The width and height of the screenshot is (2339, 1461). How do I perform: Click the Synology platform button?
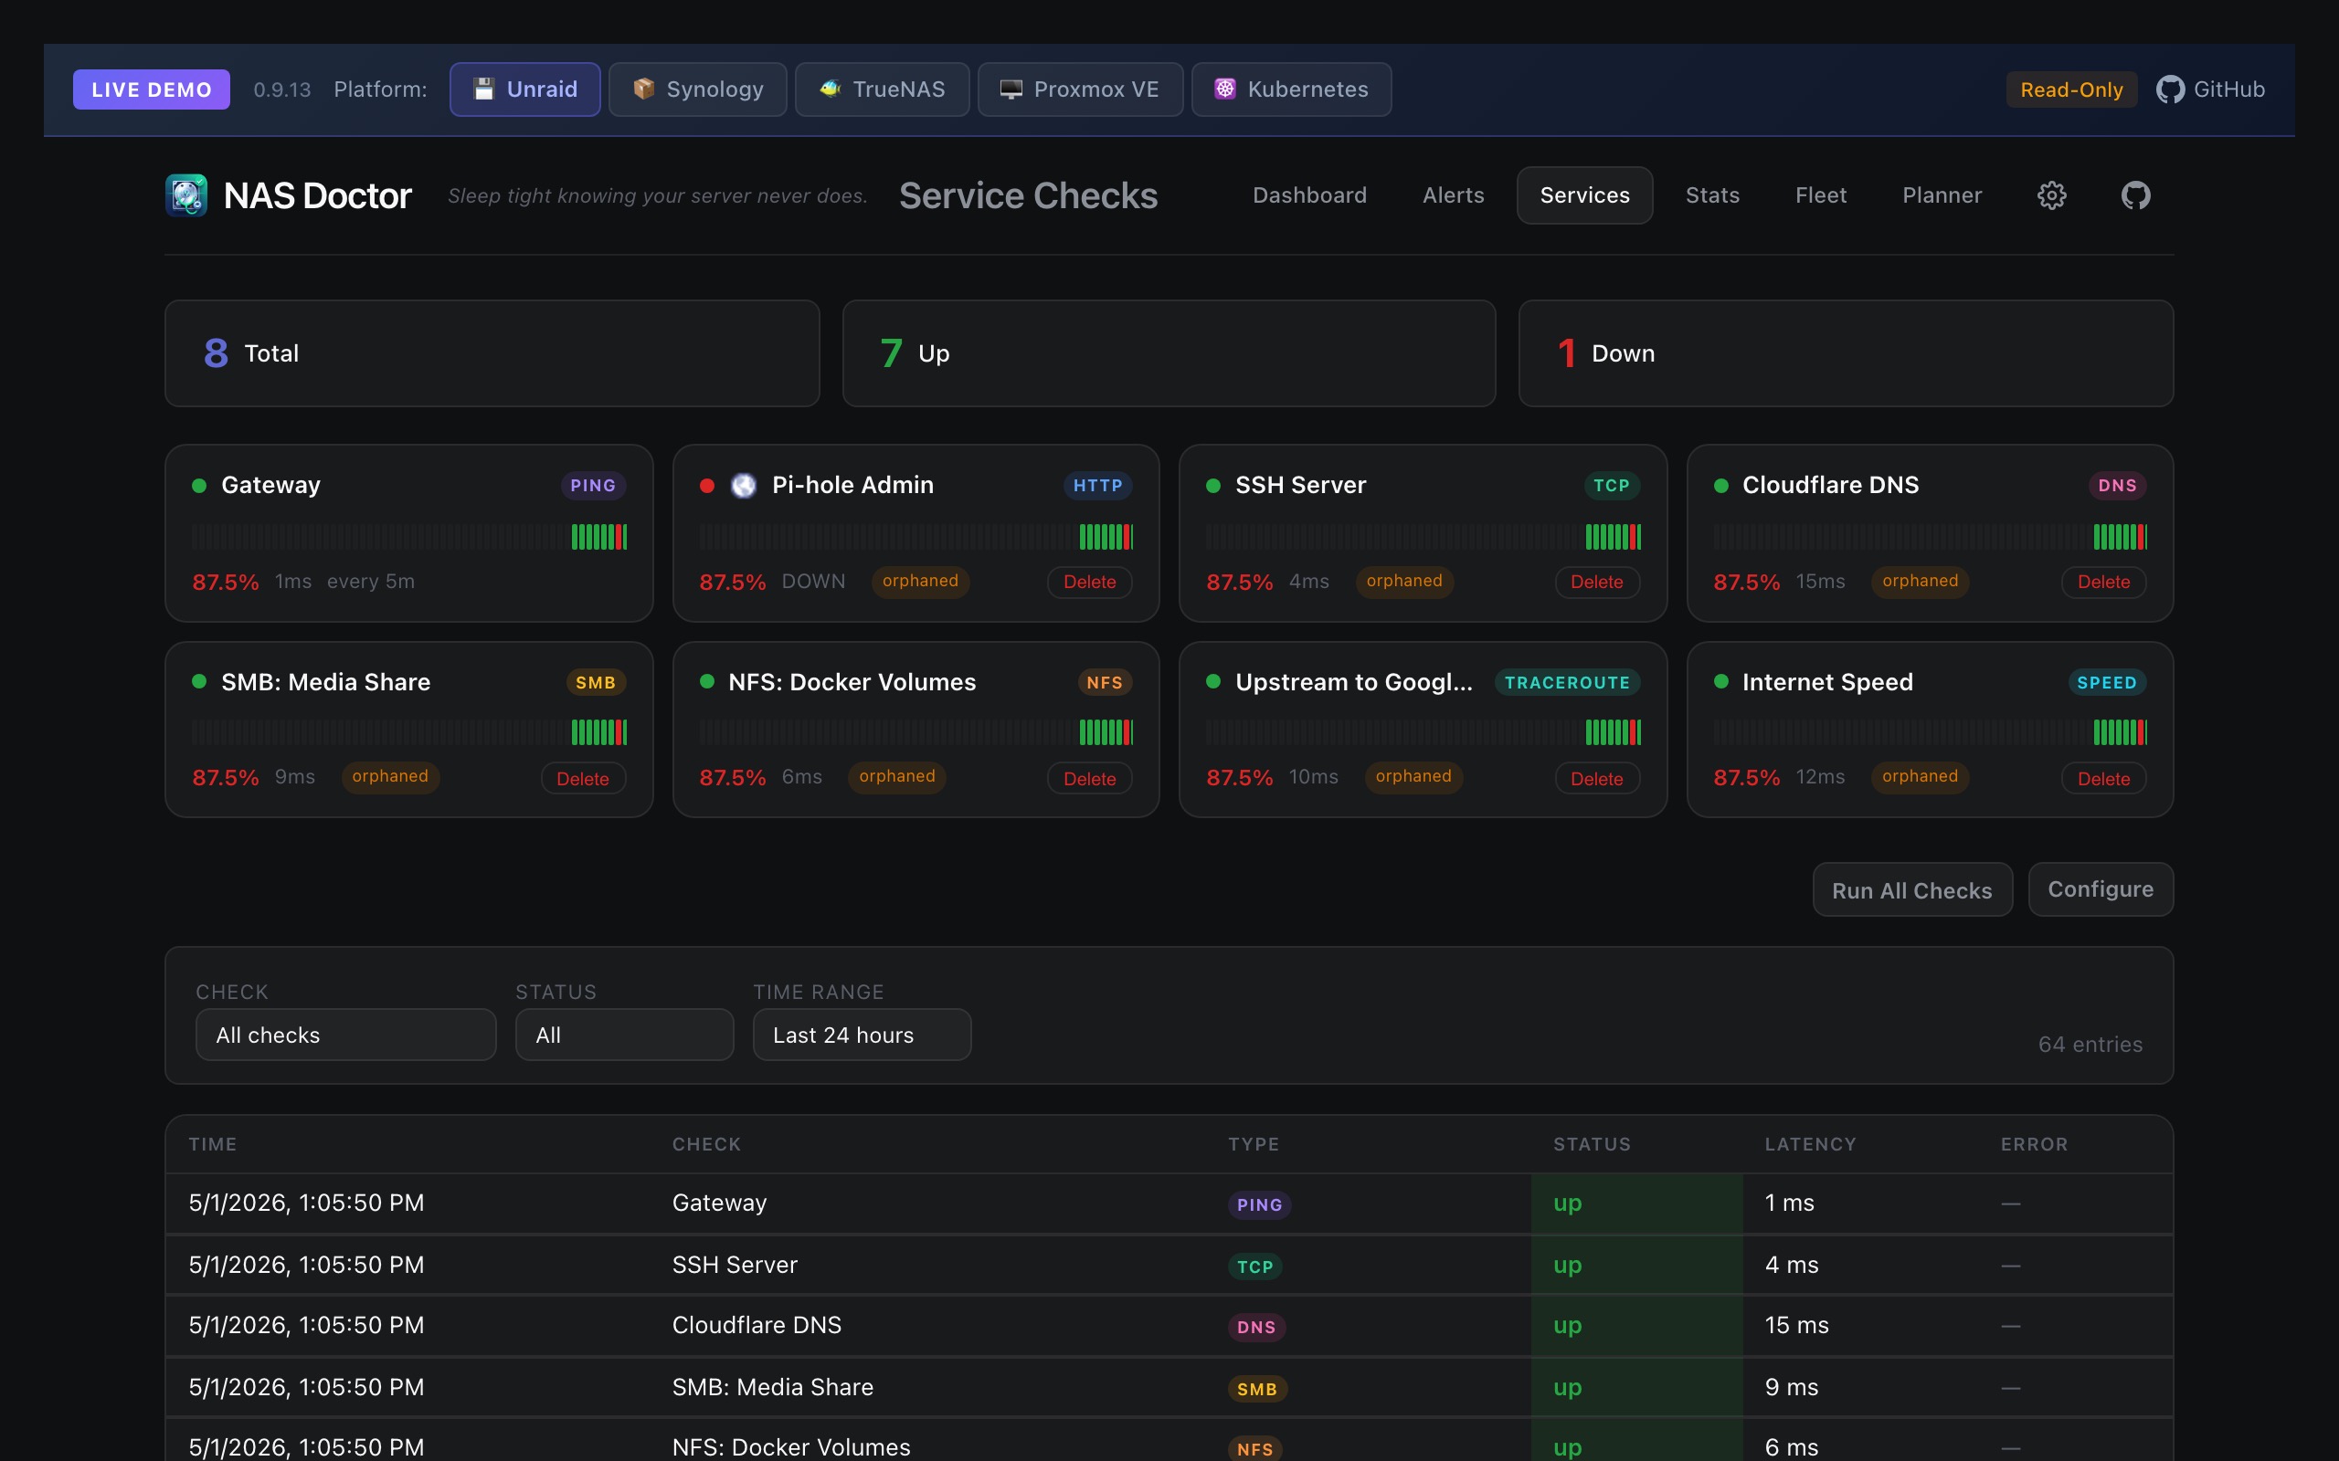coord(697,89)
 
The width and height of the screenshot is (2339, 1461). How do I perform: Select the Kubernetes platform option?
coord(1291,89)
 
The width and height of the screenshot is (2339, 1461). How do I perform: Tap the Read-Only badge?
coord(2071,89)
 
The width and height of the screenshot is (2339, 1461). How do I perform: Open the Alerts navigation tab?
coord(1453,195)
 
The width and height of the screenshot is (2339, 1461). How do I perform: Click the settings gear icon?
coord(2051,195)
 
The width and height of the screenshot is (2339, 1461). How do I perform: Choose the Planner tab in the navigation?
coord(1942,195)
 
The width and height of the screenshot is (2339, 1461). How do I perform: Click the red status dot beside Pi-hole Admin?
coord(706,485)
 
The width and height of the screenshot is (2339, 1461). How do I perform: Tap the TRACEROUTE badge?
coord(1567,682)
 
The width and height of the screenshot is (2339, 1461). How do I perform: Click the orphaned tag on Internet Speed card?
coord(1920,777)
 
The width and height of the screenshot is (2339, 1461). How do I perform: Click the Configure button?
coord(2101,889)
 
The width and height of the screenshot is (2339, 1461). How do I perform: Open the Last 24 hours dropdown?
coord(862,1035)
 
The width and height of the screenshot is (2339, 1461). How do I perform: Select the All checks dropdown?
coord(345,1035)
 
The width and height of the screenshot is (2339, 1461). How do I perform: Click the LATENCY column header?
coord(1810,1144)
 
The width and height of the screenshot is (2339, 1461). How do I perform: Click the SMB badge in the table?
coord(1256,1389)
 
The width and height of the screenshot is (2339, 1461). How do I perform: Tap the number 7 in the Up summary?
coord(891,353)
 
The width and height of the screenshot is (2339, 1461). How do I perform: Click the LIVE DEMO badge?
coord(152,89)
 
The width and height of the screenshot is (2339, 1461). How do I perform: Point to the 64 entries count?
coord(2090,1045)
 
